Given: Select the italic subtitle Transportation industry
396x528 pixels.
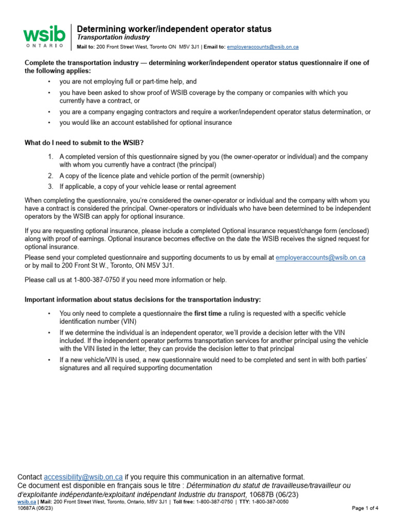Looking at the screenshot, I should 113,38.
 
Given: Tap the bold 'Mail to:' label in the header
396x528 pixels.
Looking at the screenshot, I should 86,47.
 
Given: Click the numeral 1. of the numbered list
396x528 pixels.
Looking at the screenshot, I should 50,157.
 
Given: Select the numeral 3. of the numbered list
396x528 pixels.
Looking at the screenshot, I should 50,187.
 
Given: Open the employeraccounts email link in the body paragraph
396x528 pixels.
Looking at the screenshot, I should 320,257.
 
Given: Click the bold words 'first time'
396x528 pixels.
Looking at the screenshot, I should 208,313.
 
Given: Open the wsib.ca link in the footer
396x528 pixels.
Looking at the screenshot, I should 27,502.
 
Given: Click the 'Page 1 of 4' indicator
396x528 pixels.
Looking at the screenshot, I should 365,508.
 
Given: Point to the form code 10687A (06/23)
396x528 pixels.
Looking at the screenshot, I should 35,508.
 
